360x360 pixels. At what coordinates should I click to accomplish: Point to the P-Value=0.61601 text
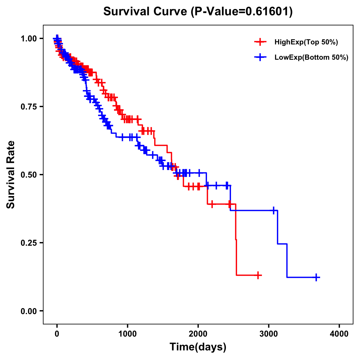242,12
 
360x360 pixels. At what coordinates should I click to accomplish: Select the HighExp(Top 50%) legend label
306,42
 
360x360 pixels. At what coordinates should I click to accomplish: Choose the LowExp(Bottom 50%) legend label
311,58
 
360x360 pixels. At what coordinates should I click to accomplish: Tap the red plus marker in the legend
260,42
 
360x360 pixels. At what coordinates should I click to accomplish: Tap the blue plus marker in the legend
260,57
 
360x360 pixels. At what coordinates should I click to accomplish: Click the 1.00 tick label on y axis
28,39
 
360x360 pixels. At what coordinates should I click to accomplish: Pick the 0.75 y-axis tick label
28,107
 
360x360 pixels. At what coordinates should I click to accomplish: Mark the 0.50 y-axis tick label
28,175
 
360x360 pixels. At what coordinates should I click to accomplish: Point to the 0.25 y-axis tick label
28,243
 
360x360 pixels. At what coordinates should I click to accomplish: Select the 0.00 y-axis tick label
28,311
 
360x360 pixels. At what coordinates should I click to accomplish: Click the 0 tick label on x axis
57,334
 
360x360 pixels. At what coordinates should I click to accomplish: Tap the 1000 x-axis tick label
127,334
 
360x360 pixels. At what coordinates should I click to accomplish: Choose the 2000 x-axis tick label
198,334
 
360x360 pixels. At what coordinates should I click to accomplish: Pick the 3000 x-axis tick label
269,334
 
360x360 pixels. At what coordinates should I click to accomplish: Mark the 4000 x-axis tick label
339,334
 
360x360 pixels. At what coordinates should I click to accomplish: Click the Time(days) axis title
198,347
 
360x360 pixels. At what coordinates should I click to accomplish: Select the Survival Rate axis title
11,175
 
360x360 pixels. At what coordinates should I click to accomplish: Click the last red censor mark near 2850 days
257,275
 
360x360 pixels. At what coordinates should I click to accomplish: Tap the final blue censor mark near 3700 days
316,277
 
